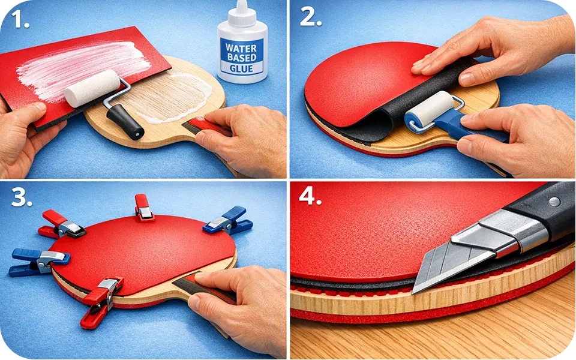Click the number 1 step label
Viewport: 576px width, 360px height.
tap(20, 19)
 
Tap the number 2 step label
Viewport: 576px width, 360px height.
tap(310, 17)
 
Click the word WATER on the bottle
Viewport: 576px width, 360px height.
tap(241, 48)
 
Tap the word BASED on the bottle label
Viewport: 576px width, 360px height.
tap(241, 58)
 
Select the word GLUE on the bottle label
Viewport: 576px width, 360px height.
tap(241, 68)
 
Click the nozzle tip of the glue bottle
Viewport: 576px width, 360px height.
tap(241, 2)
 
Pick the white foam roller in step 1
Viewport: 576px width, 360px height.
tap(92, 88)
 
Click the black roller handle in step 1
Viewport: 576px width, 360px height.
tap(125, 122)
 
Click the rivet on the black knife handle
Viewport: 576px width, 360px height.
tap(554, 202)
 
